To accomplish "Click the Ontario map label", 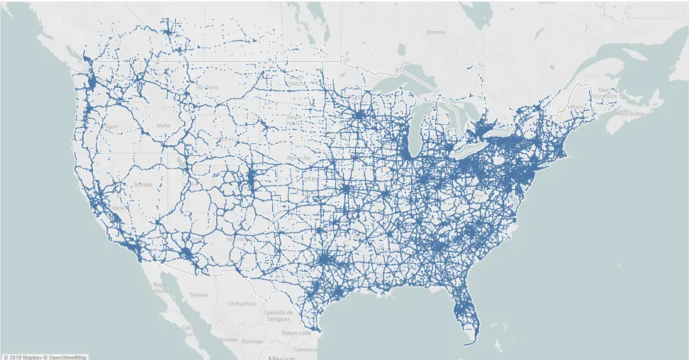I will tap(436, 32).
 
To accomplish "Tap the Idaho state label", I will tap(164, 125).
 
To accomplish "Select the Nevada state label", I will tap(142, 185).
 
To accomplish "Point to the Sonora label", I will tap(198, 294).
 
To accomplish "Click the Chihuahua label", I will tap(241, 303).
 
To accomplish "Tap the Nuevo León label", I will tap(296, 332).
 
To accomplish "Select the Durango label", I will tap(252, 341).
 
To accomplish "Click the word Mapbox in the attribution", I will tap(30, 356).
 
